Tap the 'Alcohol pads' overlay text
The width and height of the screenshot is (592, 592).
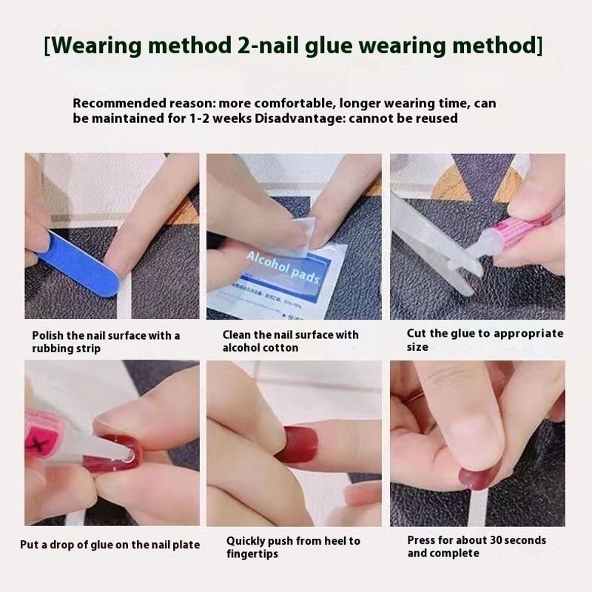[283, 267]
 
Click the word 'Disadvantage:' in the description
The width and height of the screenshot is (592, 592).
[300, 118]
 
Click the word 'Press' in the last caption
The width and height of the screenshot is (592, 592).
[420, 540]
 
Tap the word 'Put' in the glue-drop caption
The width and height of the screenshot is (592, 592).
[29, 545]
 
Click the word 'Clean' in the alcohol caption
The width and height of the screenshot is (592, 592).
[236, 334]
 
